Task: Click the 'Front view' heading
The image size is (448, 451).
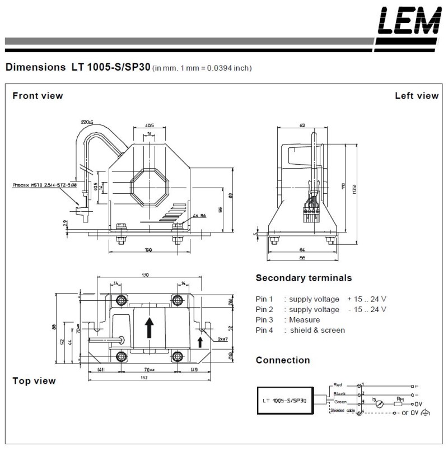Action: click(38, 96)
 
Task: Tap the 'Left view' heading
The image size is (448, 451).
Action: click(417, 96)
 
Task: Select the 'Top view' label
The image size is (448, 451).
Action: click(34, 381)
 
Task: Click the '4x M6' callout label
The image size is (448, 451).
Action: click(199, 215)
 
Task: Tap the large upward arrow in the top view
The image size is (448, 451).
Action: click(150, 327)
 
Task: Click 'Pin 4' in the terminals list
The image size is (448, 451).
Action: click(264, 330)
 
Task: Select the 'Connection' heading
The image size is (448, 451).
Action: click(282, 360)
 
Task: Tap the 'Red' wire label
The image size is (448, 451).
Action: click(337, 385)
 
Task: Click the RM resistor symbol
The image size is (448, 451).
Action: click(399, 403)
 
